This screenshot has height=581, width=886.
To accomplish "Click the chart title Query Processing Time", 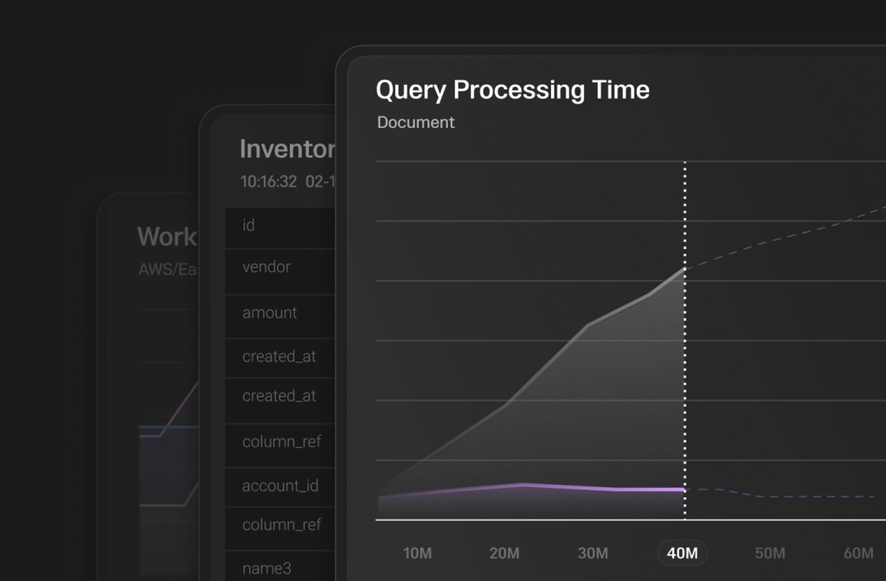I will point(512,90).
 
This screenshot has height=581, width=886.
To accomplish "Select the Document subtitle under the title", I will point(415,123).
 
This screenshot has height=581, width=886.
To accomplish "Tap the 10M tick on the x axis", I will point(417,553).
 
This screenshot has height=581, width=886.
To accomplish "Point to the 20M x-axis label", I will point(504,553).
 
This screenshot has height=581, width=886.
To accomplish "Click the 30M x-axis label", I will point(593,553).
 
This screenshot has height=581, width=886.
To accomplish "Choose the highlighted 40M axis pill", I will point(682,553).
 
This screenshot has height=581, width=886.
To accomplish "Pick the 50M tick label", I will point(769,553).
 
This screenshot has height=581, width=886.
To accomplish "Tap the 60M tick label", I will point(857,553).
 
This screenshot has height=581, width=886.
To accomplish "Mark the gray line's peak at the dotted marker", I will point(685,269).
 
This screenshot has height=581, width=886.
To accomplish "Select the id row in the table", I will point(248,226).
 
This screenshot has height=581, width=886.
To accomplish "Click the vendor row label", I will point(266,267).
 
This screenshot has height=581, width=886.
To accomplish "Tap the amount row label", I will point(270,313).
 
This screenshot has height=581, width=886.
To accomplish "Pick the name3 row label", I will point(266,568).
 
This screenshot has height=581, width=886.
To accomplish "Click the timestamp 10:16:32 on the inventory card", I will point(268,182).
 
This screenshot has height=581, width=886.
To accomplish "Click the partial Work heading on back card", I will point(167,237).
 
